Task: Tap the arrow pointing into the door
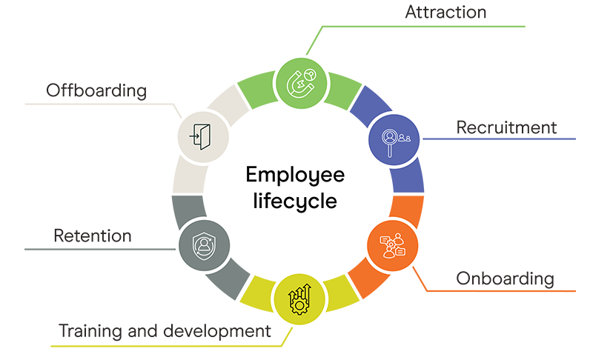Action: pos(194,135)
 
